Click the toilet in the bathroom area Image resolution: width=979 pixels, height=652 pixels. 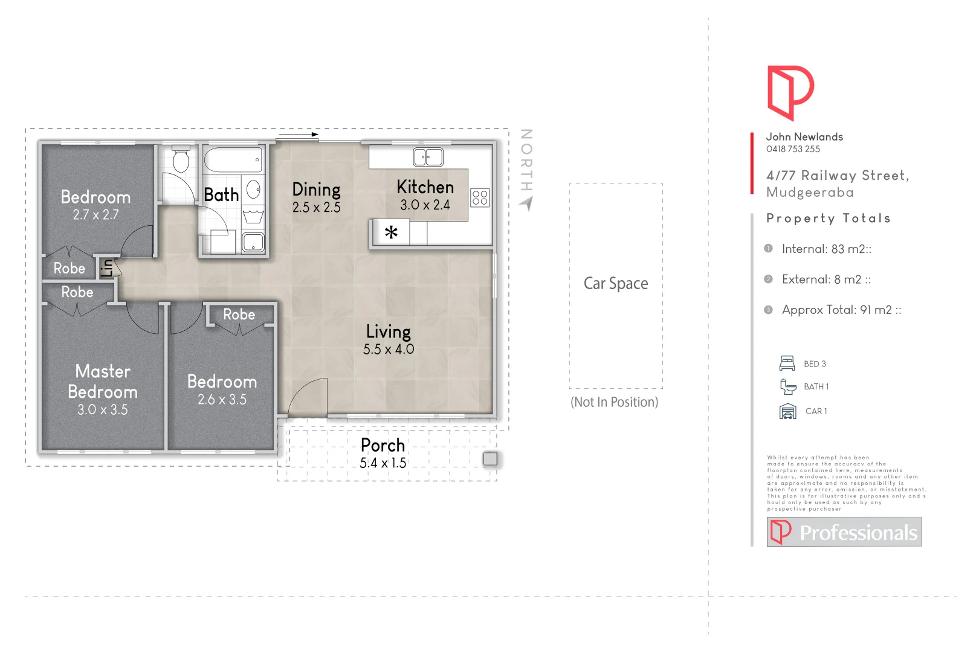coord(181,161)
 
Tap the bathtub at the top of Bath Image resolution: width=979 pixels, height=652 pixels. coord(233,161)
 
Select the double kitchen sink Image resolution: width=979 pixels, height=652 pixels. coord(428,157)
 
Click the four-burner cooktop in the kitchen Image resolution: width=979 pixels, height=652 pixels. coord(480,197)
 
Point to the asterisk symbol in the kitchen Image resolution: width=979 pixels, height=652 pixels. coord(391,232)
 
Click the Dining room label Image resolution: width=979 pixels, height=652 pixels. coord(316,190)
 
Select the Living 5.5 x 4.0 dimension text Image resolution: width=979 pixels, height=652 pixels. coord(388,349)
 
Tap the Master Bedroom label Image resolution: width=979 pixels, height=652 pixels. coord(103,382)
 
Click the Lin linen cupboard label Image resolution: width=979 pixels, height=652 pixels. coord(107,267)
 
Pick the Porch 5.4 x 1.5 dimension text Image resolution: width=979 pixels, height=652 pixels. coord(383,463)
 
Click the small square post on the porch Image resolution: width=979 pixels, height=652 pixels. coord(490,459)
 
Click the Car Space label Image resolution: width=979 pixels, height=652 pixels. coord(615,283)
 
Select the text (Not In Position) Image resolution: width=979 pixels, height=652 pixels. coord(614,402)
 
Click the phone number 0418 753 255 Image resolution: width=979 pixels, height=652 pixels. coord(793,149)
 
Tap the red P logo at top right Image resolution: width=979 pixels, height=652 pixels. coord(789,92)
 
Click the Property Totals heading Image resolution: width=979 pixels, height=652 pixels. coord(828,219)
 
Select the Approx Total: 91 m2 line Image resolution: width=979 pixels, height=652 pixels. coord(841,310)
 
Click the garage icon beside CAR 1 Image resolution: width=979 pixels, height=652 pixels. coord(787,411)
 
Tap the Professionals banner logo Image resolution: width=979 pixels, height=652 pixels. coord(844,532)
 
